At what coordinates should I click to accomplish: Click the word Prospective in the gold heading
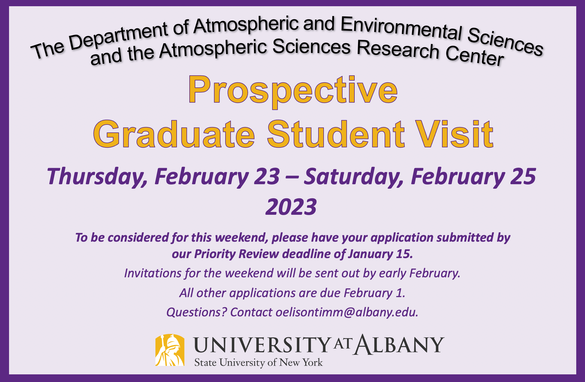293,90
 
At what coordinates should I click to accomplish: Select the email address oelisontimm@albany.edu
346,312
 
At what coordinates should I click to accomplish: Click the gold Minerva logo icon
170,350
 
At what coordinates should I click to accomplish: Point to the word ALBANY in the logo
398,345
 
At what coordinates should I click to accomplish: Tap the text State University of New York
258,362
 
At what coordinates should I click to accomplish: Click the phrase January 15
380,254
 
